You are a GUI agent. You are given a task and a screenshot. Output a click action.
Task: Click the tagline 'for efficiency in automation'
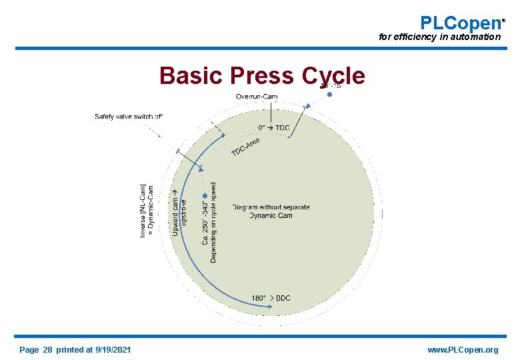pos(439,37)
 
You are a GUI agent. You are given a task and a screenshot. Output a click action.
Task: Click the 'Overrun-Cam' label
pos(257,97)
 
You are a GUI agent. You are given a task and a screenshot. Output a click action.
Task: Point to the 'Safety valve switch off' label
pos(129,117)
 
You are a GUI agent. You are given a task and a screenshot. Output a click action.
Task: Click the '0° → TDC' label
pos(274,128)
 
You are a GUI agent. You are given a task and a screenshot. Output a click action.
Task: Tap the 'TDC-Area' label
pos(245,149)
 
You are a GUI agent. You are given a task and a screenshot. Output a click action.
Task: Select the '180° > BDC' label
pos(271,298)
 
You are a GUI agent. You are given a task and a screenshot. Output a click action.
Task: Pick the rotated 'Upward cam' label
pos(175,211)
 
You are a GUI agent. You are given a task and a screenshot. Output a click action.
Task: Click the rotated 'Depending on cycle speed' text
pos(213,222)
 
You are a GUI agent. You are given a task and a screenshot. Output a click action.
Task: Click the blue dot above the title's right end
pos(329,95)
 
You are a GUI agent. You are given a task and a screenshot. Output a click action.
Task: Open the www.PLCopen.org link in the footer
pos(463,350)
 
